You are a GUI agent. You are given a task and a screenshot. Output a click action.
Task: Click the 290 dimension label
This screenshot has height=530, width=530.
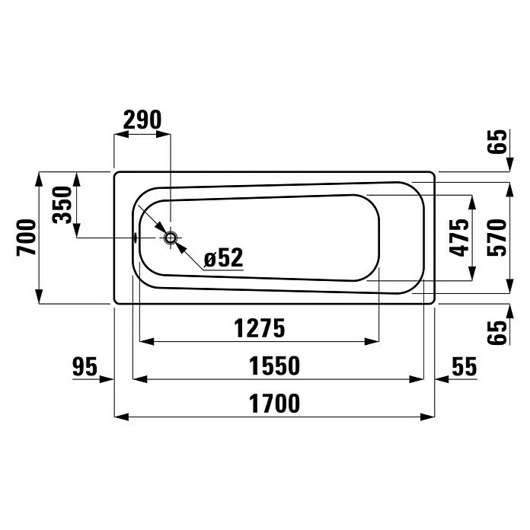142,120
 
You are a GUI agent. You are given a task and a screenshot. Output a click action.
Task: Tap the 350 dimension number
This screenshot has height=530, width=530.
63,204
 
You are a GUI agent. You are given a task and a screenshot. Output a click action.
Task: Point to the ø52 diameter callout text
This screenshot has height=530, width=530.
223,257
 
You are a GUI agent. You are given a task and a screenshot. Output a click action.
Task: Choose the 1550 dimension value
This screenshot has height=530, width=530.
273,367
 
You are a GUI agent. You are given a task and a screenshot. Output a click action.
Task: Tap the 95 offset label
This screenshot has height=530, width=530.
85,367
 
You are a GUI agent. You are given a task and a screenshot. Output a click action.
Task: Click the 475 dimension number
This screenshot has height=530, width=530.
458,238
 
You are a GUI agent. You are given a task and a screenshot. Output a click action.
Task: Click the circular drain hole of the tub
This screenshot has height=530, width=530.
171,238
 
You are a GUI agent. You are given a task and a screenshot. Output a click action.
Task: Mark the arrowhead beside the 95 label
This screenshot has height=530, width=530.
107,379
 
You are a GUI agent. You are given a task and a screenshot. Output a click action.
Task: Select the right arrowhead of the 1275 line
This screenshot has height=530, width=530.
372,340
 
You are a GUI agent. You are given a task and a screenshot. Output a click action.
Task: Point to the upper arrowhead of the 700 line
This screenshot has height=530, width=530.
39,179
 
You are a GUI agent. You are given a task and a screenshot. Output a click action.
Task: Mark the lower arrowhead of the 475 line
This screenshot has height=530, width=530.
471,273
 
